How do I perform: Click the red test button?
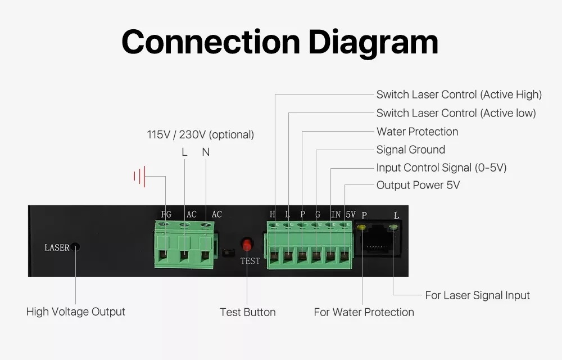247,245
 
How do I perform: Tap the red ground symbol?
140,176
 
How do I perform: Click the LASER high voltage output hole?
75,247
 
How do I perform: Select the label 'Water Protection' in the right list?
417,132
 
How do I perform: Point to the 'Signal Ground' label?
410,150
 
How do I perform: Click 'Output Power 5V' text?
418,185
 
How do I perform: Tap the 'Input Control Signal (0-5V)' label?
441,168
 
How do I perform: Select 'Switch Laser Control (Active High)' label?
459,94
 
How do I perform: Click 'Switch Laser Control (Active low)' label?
456,113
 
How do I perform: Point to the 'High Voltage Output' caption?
76,312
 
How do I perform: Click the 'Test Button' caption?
247,312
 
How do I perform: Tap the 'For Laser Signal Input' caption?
477,295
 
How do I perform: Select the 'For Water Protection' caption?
364,312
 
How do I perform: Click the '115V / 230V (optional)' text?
201,135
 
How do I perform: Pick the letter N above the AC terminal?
206,152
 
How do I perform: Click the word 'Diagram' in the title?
374,42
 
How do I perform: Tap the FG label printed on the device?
166,214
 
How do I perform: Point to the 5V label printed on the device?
351,214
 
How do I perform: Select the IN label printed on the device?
336,214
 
